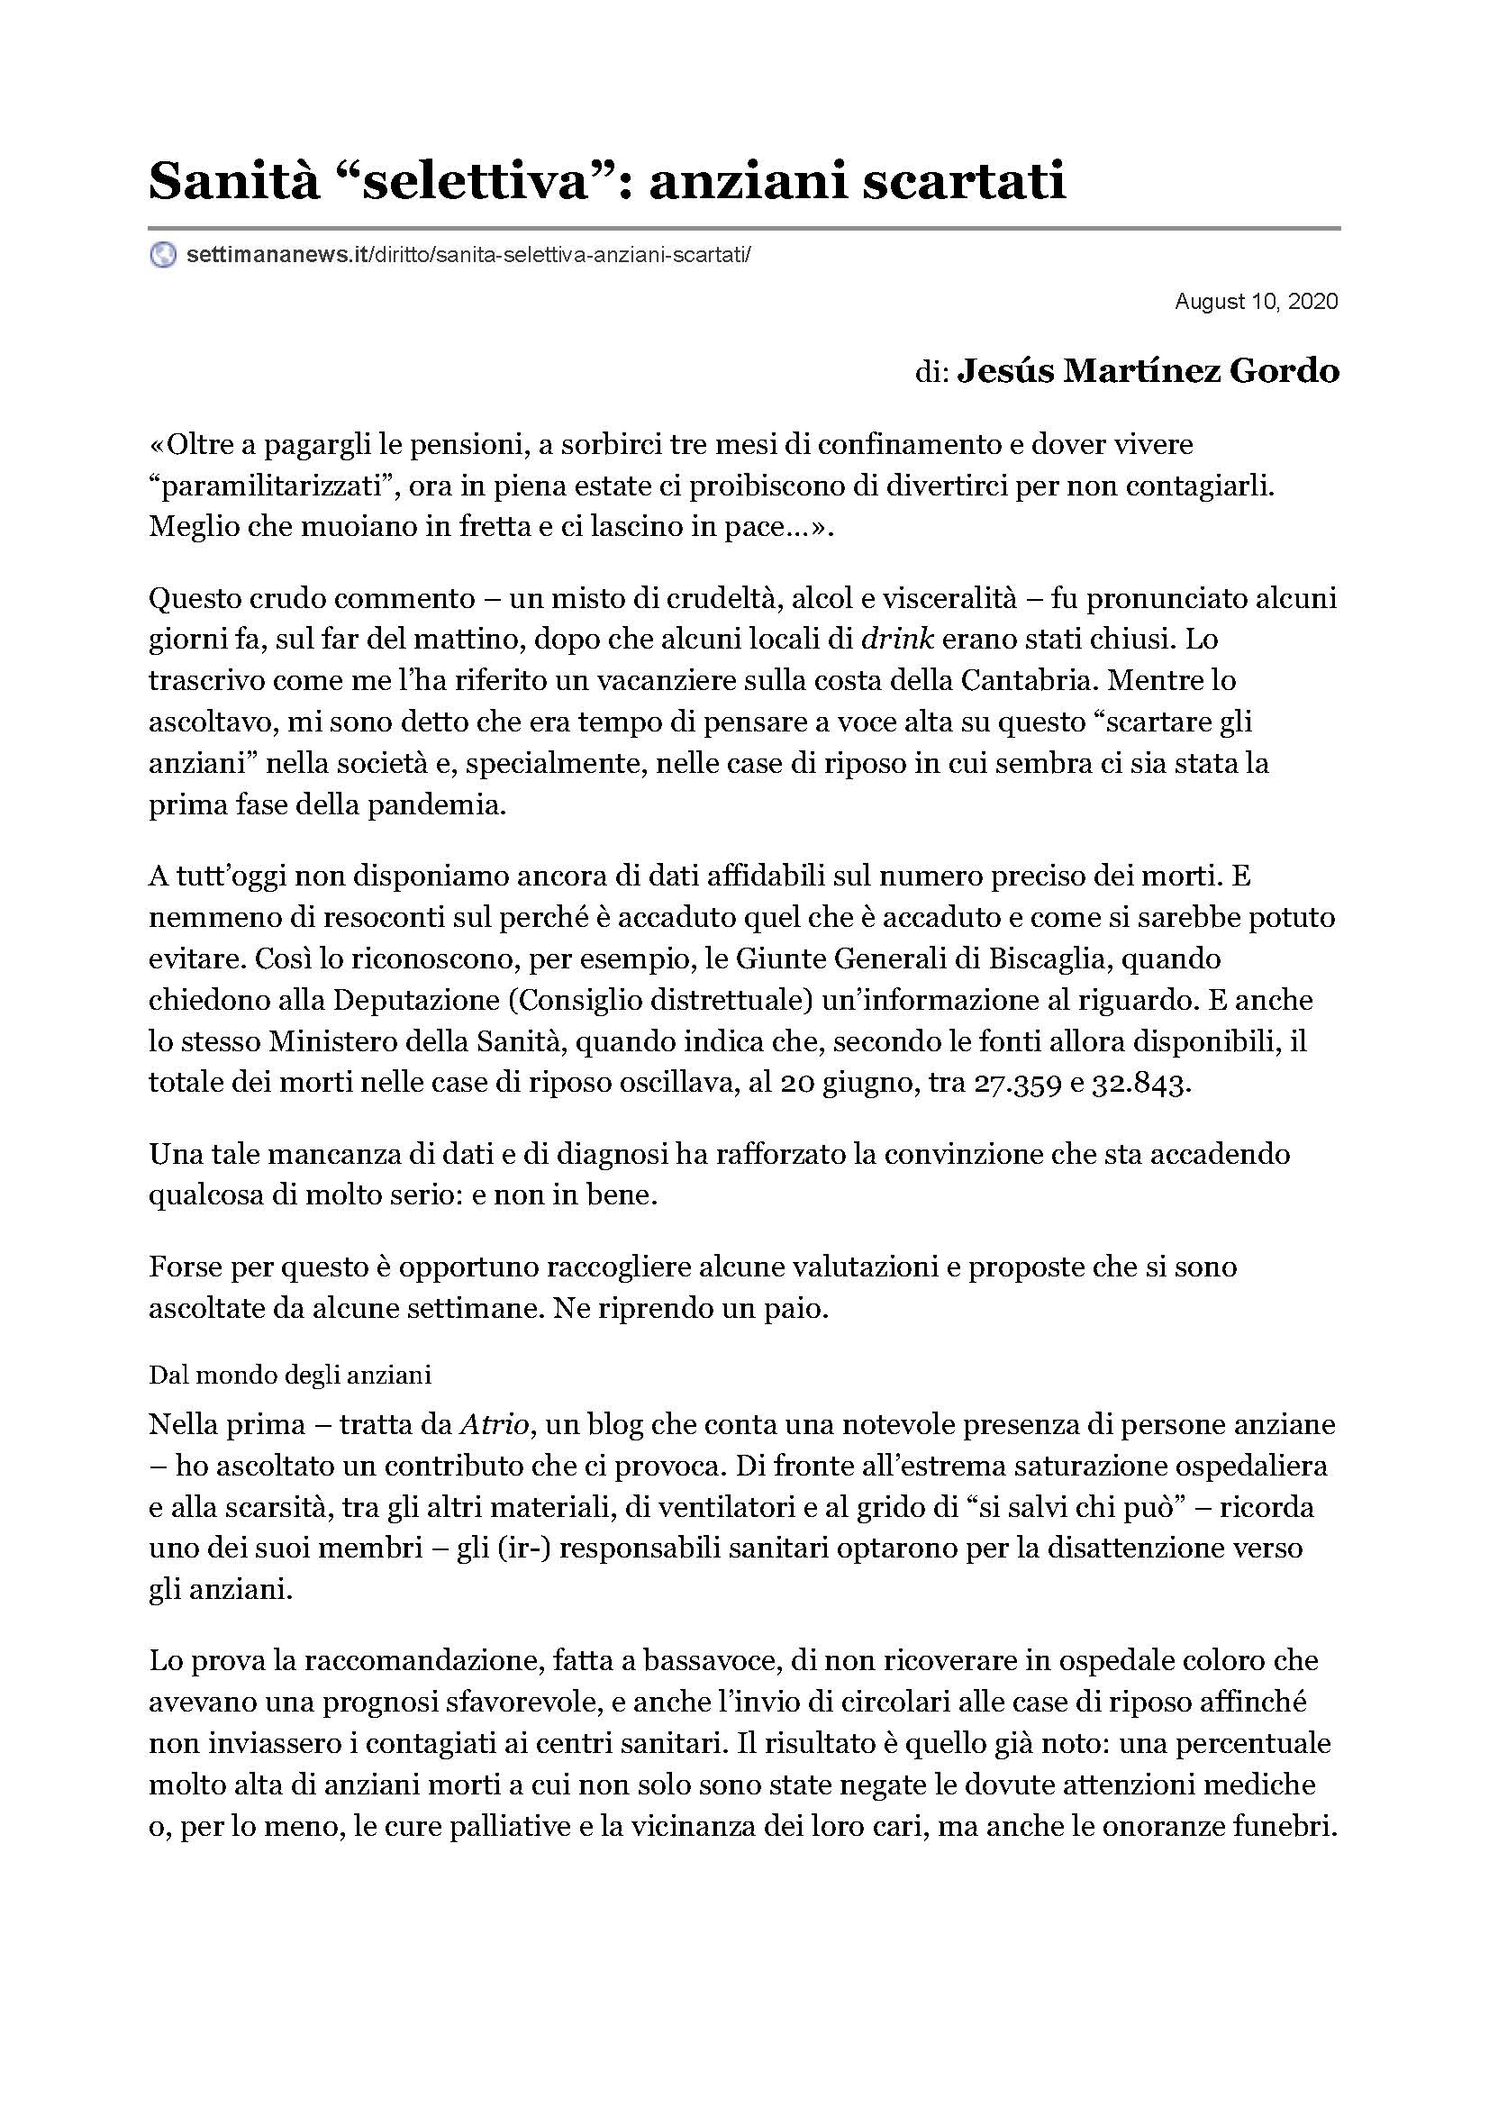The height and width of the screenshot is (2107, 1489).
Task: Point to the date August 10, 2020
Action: tap(1256, 301)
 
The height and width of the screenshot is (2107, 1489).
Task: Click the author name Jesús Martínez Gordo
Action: tap(1148, 371)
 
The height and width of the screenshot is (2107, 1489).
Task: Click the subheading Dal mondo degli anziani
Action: tap(290, 1376)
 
